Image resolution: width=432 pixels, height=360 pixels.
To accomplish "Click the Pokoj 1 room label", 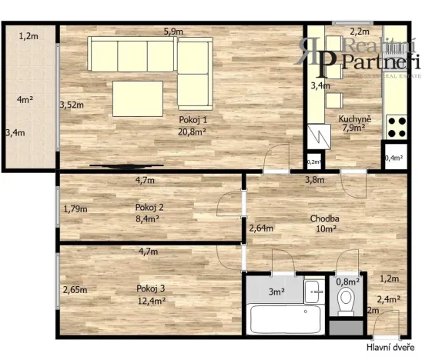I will coord(189,121).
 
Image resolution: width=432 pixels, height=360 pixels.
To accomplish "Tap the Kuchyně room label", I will coord(356,118).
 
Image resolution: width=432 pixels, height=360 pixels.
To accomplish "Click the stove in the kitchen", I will coord(397,125).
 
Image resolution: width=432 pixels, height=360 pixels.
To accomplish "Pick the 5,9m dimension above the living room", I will coord(173,32).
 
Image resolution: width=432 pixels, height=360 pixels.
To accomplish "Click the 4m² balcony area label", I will coord(25,98).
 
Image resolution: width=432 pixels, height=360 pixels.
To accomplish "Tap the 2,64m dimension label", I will coord(260,227).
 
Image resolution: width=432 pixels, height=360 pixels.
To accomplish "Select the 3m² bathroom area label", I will coord(276,292).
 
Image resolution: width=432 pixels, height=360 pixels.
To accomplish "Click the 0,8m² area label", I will coord(348,281).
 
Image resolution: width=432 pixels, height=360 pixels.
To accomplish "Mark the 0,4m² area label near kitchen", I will coord(393,158).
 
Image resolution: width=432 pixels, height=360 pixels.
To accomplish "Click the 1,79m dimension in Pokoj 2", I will coord(74,208).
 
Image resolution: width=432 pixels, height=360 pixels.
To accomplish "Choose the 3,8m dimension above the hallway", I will coord(315,180).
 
